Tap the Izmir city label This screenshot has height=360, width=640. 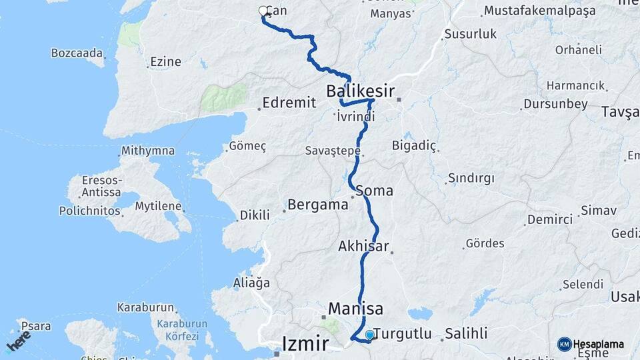[305, 344]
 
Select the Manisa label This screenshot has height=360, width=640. [356, 309]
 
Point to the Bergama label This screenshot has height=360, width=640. [318, 205]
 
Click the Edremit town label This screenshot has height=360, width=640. [288, 104]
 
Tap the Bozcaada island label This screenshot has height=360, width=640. [77, 53]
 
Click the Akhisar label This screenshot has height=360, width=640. [363, 246]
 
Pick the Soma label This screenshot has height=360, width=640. [375, 191]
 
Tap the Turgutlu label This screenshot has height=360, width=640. [403, 333]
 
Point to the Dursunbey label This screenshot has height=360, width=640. [555, 104]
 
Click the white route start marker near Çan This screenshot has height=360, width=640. [263, 11]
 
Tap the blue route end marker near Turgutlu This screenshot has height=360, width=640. [369, 334]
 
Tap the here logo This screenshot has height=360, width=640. [18, 341]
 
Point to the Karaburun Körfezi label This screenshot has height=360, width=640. [178, 331]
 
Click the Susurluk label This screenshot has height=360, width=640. [471, 34]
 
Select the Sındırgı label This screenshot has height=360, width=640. [471, 178]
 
